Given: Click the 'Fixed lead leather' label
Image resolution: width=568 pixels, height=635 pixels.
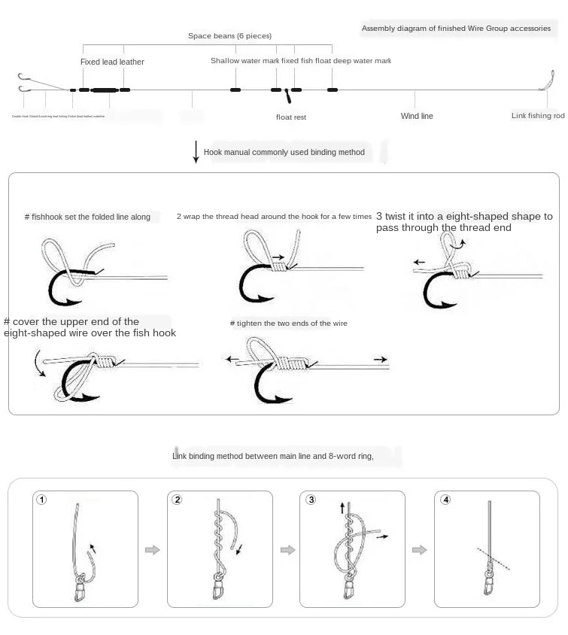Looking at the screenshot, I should point(112,62).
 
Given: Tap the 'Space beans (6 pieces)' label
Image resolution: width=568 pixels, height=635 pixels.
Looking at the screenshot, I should point(229,36).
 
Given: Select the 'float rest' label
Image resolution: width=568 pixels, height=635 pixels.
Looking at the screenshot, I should point(291,117).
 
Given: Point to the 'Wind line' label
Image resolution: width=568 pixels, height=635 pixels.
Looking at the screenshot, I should point(417,117).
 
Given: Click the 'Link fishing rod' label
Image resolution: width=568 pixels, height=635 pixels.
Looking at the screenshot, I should point(538,116).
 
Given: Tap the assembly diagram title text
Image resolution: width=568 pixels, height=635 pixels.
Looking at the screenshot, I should point(456,29).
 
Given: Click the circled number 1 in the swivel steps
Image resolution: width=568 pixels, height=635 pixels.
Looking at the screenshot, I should point(42,500).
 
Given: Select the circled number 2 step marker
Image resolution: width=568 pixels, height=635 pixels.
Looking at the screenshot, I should point(177,500).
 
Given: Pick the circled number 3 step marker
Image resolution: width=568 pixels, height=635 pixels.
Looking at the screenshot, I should point(311,500).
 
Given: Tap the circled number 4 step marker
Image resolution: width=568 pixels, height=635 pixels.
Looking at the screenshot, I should point(446,500).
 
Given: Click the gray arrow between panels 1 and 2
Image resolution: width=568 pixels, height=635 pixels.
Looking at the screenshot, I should point(153,551).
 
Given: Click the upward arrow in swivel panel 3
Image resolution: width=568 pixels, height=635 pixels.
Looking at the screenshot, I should point(343,509).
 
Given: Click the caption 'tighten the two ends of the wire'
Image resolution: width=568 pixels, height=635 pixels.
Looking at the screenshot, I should point(289,324).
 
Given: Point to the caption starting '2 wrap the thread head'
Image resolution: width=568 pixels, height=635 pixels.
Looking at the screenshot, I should point(274,217).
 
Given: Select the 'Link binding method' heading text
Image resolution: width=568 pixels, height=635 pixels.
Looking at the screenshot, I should point(288,456).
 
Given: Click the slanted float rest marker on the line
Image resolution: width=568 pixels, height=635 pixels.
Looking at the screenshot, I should point(287,96).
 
